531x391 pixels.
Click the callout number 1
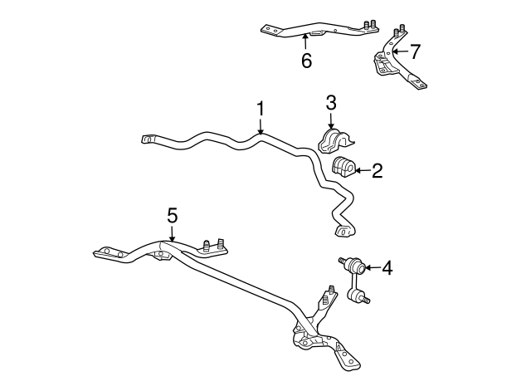click(260, 109)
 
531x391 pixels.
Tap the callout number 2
click(378, 171)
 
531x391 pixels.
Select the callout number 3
click(331, 103)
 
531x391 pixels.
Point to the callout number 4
click(387, 267)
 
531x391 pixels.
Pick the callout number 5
click(172, 216)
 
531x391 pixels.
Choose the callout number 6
click(306, 61)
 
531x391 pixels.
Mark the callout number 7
click(415, 51)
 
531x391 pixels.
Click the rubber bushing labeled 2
click(343, 167)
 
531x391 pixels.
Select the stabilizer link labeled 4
click(354, 281)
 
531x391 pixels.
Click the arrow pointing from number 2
click(362, 170)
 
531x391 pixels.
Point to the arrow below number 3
click(331, 120)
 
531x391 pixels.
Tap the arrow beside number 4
click(373, 267)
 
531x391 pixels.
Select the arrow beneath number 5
click(172, 233)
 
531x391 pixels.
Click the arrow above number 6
click(305, 42)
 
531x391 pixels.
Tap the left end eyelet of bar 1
click(148, 139)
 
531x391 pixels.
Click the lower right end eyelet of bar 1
click(343, 231)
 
